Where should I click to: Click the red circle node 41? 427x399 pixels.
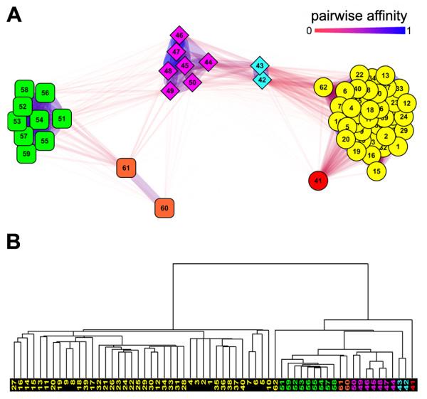tap(319, 181)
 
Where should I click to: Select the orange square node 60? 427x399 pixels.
tap(164, 208)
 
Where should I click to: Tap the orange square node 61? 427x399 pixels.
tap(126, 168)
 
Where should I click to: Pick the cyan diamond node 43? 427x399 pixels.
tap(260, 66)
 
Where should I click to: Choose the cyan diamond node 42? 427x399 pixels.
tap(262, 80)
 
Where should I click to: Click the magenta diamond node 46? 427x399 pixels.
tap(179, 35)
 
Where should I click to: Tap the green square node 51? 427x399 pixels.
tap(62, 119)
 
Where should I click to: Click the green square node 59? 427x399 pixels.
tap(26, 152)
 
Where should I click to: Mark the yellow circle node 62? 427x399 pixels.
tap(324, 87)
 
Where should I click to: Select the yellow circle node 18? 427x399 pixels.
tap(369, 110)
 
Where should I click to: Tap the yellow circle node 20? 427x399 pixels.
tap(345, 139)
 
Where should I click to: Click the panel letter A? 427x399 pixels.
tap(13, 13)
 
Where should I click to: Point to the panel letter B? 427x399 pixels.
tap(13, 242)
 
